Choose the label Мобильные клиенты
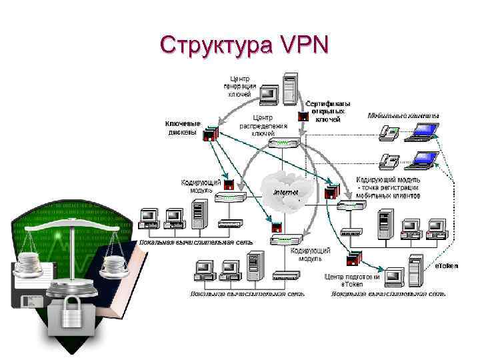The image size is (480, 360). point(403,115)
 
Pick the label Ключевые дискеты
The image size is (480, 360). point(181,127)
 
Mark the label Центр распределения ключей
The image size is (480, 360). point(263,125)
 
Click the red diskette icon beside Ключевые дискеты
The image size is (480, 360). point(212,133)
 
